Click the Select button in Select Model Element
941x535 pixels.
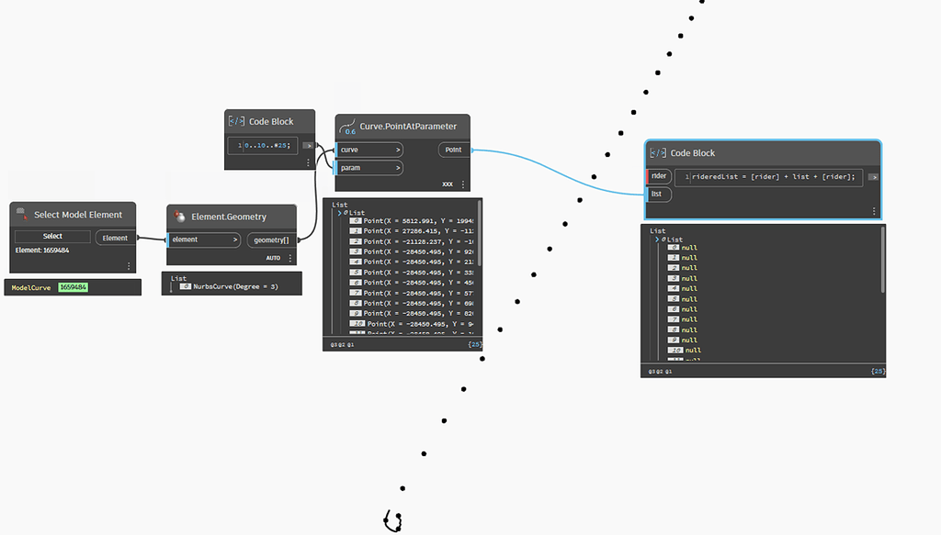(x=52, y=237)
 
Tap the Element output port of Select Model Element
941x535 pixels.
(x=115, y=238)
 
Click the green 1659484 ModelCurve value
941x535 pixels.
(x=73, y=287)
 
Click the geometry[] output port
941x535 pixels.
(x=271, y=240)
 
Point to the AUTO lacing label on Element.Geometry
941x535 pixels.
(x=273, y=258)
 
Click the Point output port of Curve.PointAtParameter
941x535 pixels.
(x=453, y=150)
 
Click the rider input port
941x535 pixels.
(x=659, y=176)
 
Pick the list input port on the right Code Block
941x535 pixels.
(x=658, y=194)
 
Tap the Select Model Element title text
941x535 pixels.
(x=78, y=215)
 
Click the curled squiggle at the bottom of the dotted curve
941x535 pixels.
(x=394, y=522)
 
